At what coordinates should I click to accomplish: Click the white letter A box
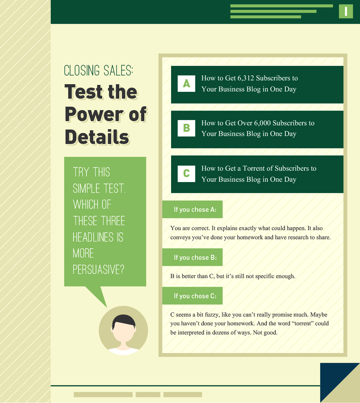[186, 83]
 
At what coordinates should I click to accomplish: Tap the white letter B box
[186, 128]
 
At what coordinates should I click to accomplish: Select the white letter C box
[186, 174]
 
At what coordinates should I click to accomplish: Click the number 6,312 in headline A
[246, 78]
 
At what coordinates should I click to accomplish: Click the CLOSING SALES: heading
[98, 71]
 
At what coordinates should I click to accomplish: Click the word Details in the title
[97, 137]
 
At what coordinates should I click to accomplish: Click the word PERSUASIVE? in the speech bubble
[98, 269]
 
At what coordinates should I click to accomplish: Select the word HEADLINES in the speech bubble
[93, 237]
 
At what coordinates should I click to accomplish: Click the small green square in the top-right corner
[346, 11]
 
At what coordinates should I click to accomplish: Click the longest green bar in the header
[282, 6]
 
